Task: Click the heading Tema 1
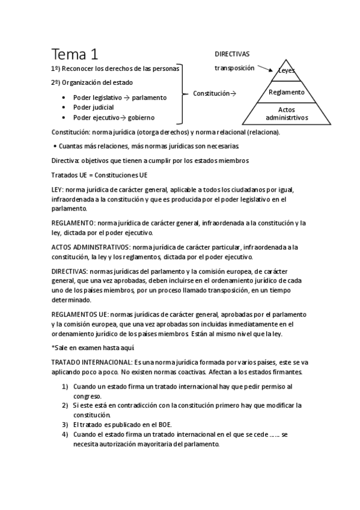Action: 75,54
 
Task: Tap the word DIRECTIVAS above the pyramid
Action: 232,54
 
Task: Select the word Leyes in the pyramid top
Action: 287,71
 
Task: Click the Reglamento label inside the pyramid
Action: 287,92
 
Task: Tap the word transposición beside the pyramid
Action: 234,68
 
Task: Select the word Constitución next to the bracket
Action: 211,93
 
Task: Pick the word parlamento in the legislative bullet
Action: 150,97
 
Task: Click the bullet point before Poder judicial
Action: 64,108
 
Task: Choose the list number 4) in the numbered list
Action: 65,434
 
